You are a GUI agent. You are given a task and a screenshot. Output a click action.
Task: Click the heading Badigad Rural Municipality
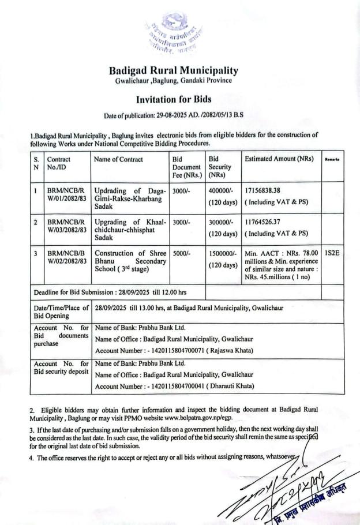[174, 71]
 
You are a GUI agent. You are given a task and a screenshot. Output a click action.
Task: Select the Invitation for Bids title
[174, 99]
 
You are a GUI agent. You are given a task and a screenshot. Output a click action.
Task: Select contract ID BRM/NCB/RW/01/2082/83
[66, 195]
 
